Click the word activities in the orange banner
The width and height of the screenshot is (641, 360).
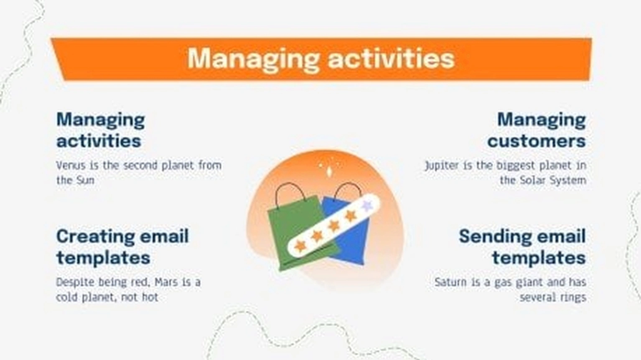pos(391,59)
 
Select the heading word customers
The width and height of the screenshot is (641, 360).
pos(537,141)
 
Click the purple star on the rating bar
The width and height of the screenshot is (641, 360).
pos(367,205)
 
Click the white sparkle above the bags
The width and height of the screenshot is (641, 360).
pos(329,171)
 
